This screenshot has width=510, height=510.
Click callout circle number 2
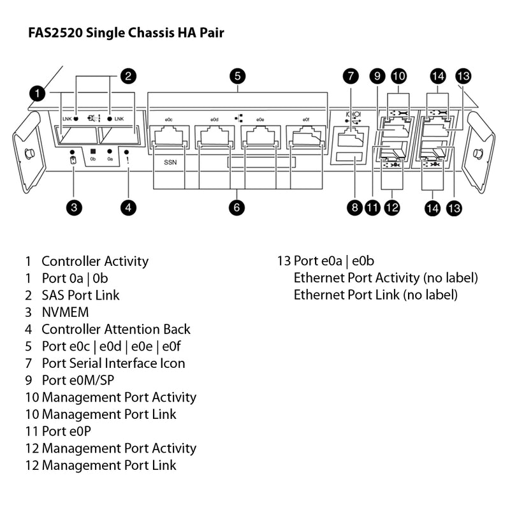coord(128,76)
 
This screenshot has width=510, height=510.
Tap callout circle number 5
coord(237,76)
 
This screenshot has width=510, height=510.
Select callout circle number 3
coord(74,207)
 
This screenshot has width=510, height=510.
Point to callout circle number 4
coord(129,207)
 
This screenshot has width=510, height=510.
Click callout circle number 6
coord(237,207)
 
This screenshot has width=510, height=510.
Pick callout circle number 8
coord(354,207)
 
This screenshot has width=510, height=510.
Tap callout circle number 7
coord(350,76)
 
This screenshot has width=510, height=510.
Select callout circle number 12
coord(392,207)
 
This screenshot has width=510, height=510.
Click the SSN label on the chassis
coord(170,163)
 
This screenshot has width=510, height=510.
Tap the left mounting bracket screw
coord(27,154)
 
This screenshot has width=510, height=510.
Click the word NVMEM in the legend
coord(65,312)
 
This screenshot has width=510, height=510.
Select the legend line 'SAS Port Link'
coord(80,295)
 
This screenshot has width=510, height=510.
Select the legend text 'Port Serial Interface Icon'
coord(113,363)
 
